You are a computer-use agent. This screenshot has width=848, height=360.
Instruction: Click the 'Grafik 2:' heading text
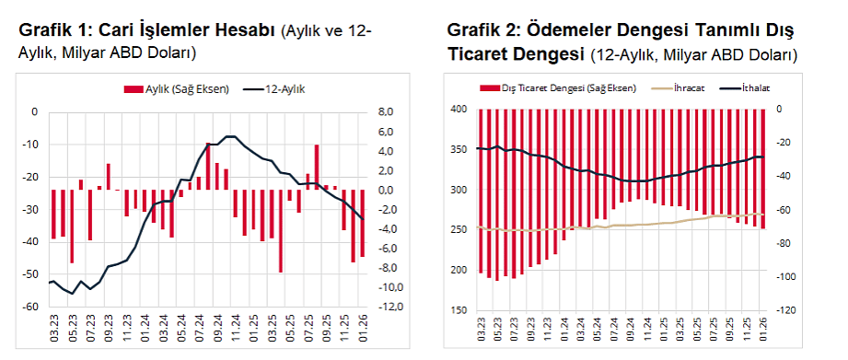(x=482, y=30)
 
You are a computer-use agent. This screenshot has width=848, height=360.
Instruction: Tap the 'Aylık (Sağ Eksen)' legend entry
(x=180, y=89)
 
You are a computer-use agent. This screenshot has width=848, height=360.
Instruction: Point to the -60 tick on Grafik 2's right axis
(x=787, y=210)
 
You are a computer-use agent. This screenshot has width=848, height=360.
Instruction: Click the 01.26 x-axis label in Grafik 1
(x=363, y=325)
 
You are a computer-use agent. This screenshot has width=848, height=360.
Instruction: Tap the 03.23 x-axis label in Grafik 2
(x=481, y=326)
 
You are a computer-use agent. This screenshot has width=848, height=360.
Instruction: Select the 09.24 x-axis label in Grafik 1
(x=217, y=325)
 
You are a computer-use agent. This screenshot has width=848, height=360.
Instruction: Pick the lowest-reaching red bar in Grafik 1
(x=280, y=230)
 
